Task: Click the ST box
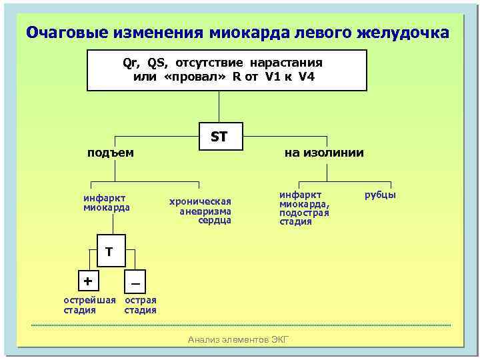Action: tap(219, 137)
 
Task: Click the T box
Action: tap(109, 251)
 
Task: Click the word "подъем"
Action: tap(111, 153)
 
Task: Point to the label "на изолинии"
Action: tap(324, 153)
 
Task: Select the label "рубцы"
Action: tap(380, 195)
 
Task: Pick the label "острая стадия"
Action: tap(141, 305)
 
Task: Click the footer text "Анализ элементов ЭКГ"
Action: tap(239, 340)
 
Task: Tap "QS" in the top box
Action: tap(157, 63)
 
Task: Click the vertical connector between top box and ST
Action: tap(219, 107)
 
